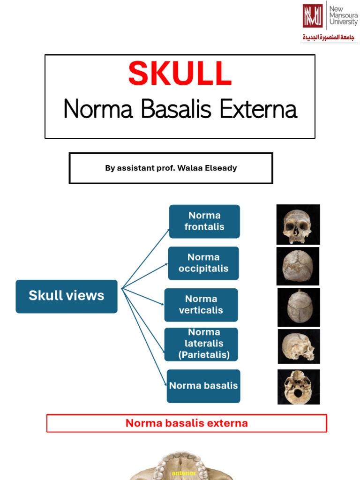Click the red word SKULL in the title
coord(180,74)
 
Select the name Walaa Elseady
coord(213,168)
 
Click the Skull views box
coord(67,296)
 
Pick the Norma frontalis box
coord(204,221)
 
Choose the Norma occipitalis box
coord(203,263)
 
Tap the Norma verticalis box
coord(201,305)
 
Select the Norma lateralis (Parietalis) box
coord(202,344)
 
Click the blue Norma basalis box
coord(203,386)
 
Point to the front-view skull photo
coord(298,225)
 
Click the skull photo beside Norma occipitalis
coord(298,266)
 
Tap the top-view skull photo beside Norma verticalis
coord(299,307)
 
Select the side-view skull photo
coord(299,346)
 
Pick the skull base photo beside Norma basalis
coord(299,387)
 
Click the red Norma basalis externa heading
coord(187,423)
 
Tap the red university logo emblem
coord(312,16)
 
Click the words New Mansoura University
coord(343,15)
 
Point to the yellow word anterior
coord(184,473)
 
